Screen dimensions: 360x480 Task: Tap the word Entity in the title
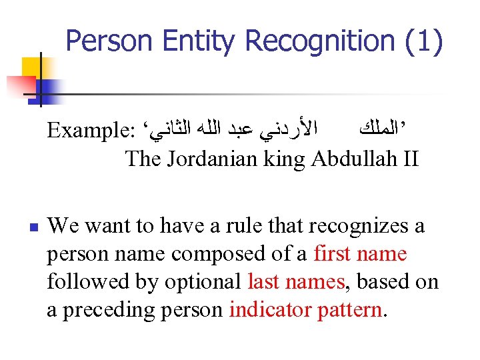pos(203,41)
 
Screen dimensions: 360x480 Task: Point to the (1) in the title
pos(424,41)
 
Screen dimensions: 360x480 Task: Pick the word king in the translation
pos(288,159)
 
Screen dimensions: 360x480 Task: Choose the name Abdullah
pos(353,159)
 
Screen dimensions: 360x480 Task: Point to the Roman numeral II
pos(408,159)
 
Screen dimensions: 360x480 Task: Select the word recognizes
pos(351,227)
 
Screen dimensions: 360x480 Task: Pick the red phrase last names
pos(296,283)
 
